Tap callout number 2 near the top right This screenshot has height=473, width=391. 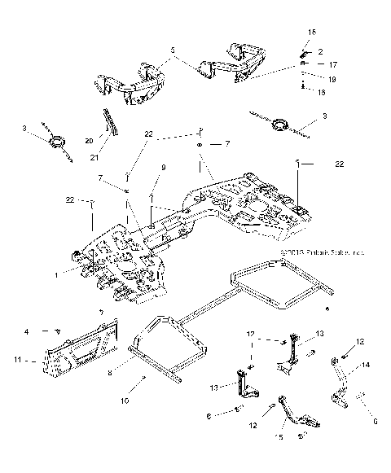tap(320, 50)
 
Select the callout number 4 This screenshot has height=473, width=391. tap(49, 331)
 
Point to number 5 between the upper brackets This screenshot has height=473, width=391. tap(172, 50)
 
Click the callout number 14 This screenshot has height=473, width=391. tap(365, 366)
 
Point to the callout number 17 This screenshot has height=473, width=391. tap(332, 64)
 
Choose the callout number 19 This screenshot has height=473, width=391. tap(332, 79)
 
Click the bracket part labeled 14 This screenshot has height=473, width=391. tap(345, 383)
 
